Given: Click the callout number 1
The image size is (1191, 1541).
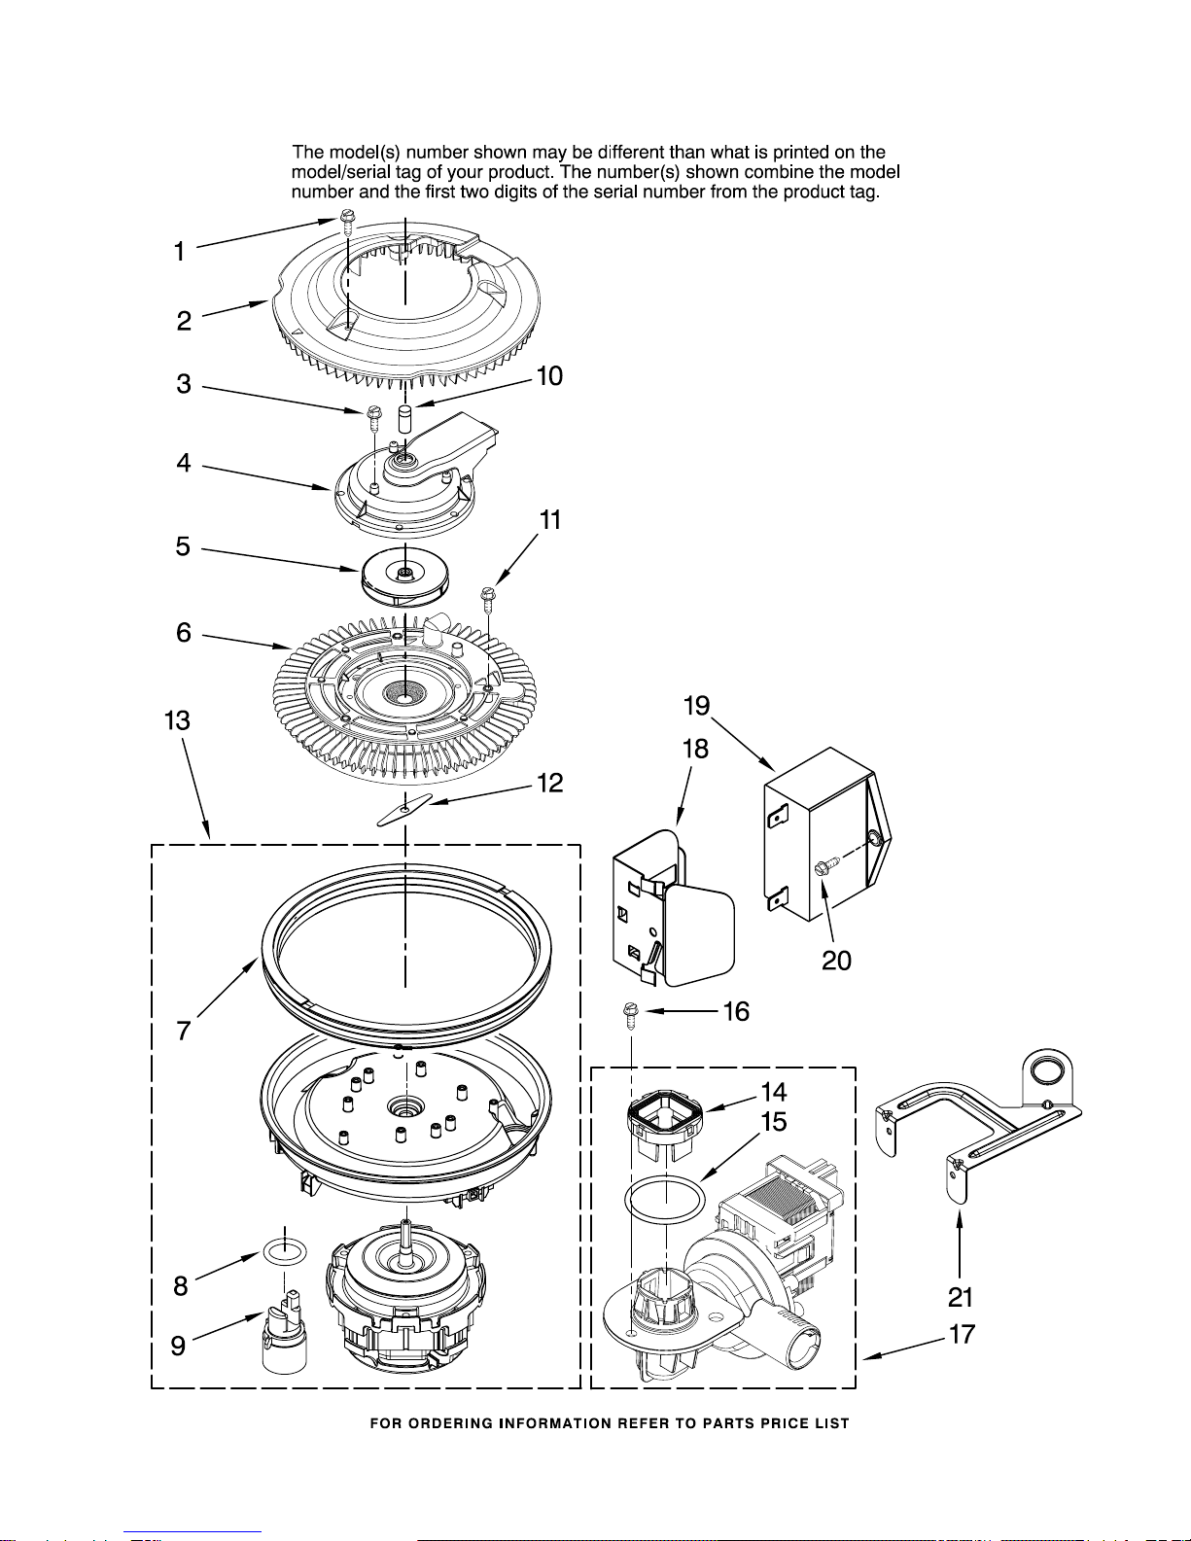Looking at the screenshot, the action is coord(180,252).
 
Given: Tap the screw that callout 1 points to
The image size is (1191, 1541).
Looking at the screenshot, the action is coord(347,222).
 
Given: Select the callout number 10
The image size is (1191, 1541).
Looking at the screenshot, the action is coord(549,376).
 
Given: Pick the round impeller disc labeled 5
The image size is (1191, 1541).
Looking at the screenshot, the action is coord(404,576).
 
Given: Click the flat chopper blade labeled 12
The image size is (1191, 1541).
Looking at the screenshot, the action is coord(404,809).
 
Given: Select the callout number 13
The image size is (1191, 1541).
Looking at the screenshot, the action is coord(177,720).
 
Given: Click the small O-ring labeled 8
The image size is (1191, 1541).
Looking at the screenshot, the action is coord(284,1253).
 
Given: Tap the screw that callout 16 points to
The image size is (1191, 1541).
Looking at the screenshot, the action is coord(630,1016).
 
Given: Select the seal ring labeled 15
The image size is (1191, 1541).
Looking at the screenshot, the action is coord(665,1199).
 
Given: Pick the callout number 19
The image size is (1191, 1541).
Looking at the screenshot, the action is coord(696,706).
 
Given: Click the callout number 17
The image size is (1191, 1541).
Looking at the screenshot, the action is coord(962,1334).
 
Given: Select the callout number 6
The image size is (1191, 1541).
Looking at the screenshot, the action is coord(184,632).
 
